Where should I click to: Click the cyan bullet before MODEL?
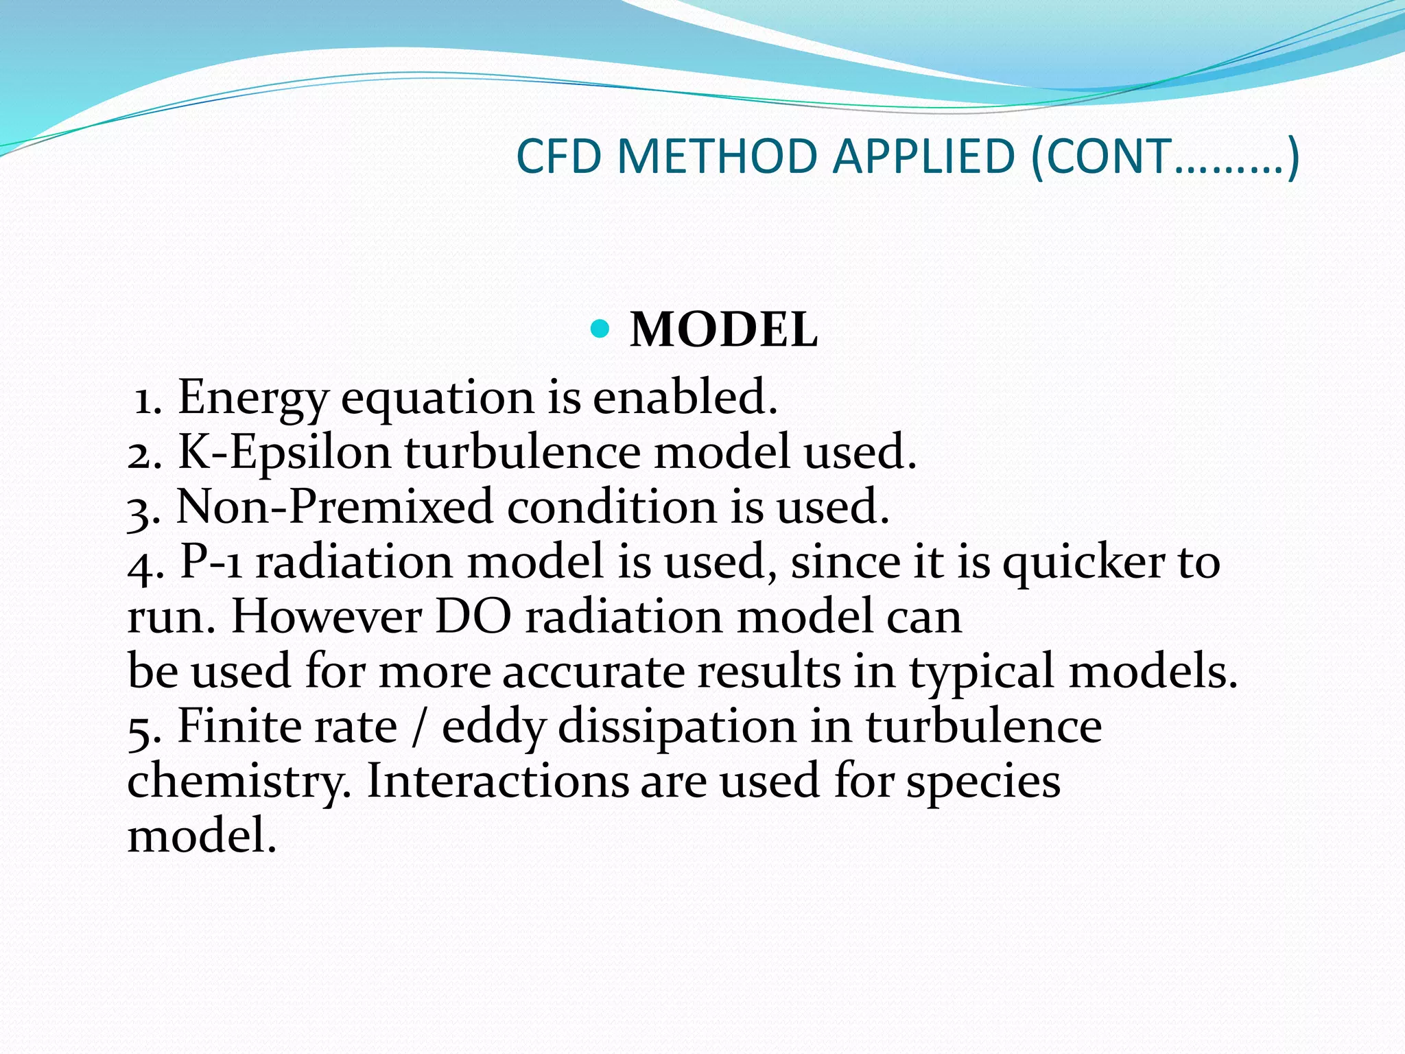click(x=600, y=329)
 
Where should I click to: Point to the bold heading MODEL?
click(x=724, y=330)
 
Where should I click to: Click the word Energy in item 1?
click(x=252, y=398)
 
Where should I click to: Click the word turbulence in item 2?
click(x=522, y=452)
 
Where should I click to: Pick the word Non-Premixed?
click(x=335, y=507)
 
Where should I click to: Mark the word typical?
click(x=982, y=672)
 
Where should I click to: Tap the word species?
click(x=983, y=782)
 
